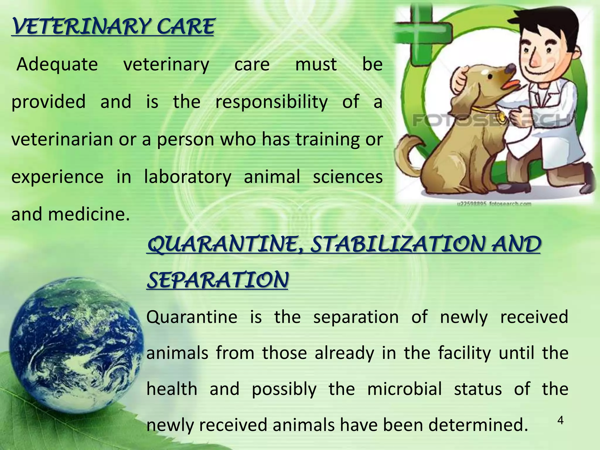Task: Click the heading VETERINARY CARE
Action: click(x=113, y=27)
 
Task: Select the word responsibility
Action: click(x=271, y=102)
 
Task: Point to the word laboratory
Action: click(x=187, y=177)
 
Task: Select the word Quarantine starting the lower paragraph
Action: click(x=192, y=317)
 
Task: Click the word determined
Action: click(x=478, y=425)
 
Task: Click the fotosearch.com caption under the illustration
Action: click(x=494, y=203)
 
